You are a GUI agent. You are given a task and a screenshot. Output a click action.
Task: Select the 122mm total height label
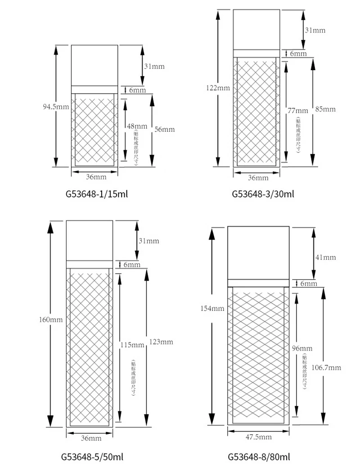pos(218,88)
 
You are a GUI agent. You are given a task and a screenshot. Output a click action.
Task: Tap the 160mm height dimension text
pos(50,320)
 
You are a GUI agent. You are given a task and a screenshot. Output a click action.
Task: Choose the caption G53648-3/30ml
pos(263,194)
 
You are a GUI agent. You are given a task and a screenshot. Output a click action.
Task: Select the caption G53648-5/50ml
pos(92,457)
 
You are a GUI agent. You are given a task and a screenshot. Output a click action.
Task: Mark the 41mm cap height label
pos(326,257)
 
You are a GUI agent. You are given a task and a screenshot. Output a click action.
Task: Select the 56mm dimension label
pos(164,130)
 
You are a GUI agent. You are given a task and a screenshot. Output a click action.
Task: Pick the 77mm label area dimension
pos(298,111)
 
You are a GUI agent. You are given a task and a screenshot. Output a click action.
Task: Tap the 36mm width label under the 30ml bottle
pos(258,178)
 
